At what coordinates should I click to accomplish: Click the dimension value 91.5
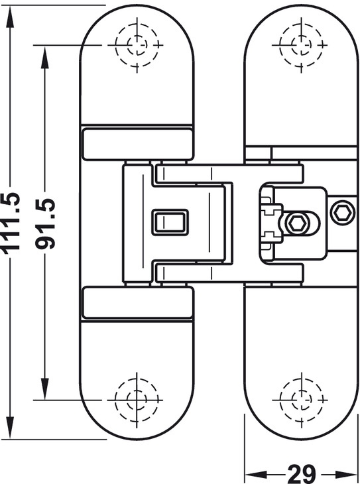click(45, 224)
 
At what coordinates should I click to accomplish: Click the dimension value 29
click(302, 474)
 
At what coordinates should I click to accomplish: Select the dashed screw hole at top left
click(137, 45)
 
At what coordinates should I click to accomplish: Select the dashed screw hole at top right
click(302, 45)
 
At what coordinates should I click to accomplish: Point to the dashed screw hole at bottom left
click(137, 400)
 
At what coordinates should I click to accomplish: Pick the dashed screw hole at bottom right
click(302, 399)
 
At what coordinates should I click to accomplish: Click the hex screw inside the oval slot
click(297, 223)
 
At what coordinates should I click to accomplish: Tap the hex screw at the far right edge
click(342, 212)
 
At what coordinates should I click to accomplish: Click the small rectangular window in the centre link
click(170, 222)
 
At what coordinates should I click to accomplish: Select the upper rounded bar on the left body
click(137, 145)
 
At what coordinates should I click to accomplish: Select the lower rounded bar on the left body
click(137, 302)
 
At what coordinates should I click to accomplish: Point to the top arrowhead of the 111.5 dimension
click(10, 17)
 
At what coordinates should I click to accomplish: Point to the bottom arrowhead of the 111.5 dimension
click(10, 427)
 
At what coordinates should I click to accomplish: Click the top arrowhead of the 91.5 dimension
click(45, 57)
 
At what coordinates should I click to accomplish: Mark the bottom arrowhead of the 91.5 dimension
click(45, 389)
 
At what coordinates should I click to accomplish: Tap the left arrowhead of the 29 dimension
click(256, 474)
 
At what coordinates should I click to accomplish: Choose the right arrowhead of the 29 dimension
click(347, 474)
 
